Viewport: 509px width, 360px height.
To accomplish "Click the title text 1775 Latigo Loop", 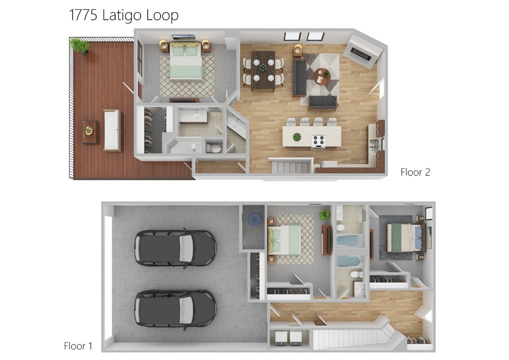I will click(124, 15).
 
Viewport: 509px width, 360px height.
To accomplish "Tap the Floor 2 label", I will click(415, 172).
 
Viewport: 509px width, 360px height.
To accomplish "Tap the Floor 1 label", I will click(78, 346).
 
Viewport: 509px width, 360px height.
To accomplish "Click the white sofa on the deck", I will click(112, 130).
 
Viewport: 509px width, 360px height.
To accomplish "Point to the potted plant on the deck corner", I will click(79, 45).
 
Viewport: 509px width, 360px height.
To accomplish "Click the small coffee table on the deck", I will click(90, 131).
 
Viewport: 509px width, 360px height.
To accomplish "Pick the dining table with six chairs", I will click(263, 70).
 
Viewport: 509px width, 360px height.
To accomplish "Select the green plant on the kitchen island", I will click(297, 137).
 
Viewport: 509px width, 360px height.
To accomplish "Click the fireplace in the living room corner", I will click(361, 52).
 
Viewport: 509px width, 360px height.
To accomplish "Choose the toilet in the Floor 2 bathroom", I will click(213, 147).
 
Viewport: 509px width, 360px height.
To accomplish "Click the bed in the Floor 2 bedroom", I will click(186, 61).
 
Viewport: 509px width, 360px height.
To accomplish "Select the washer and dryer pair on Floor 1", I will click(289, 337).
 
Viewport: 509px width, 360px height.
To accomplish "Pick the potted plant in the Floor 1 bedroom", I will click(325, 215).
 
